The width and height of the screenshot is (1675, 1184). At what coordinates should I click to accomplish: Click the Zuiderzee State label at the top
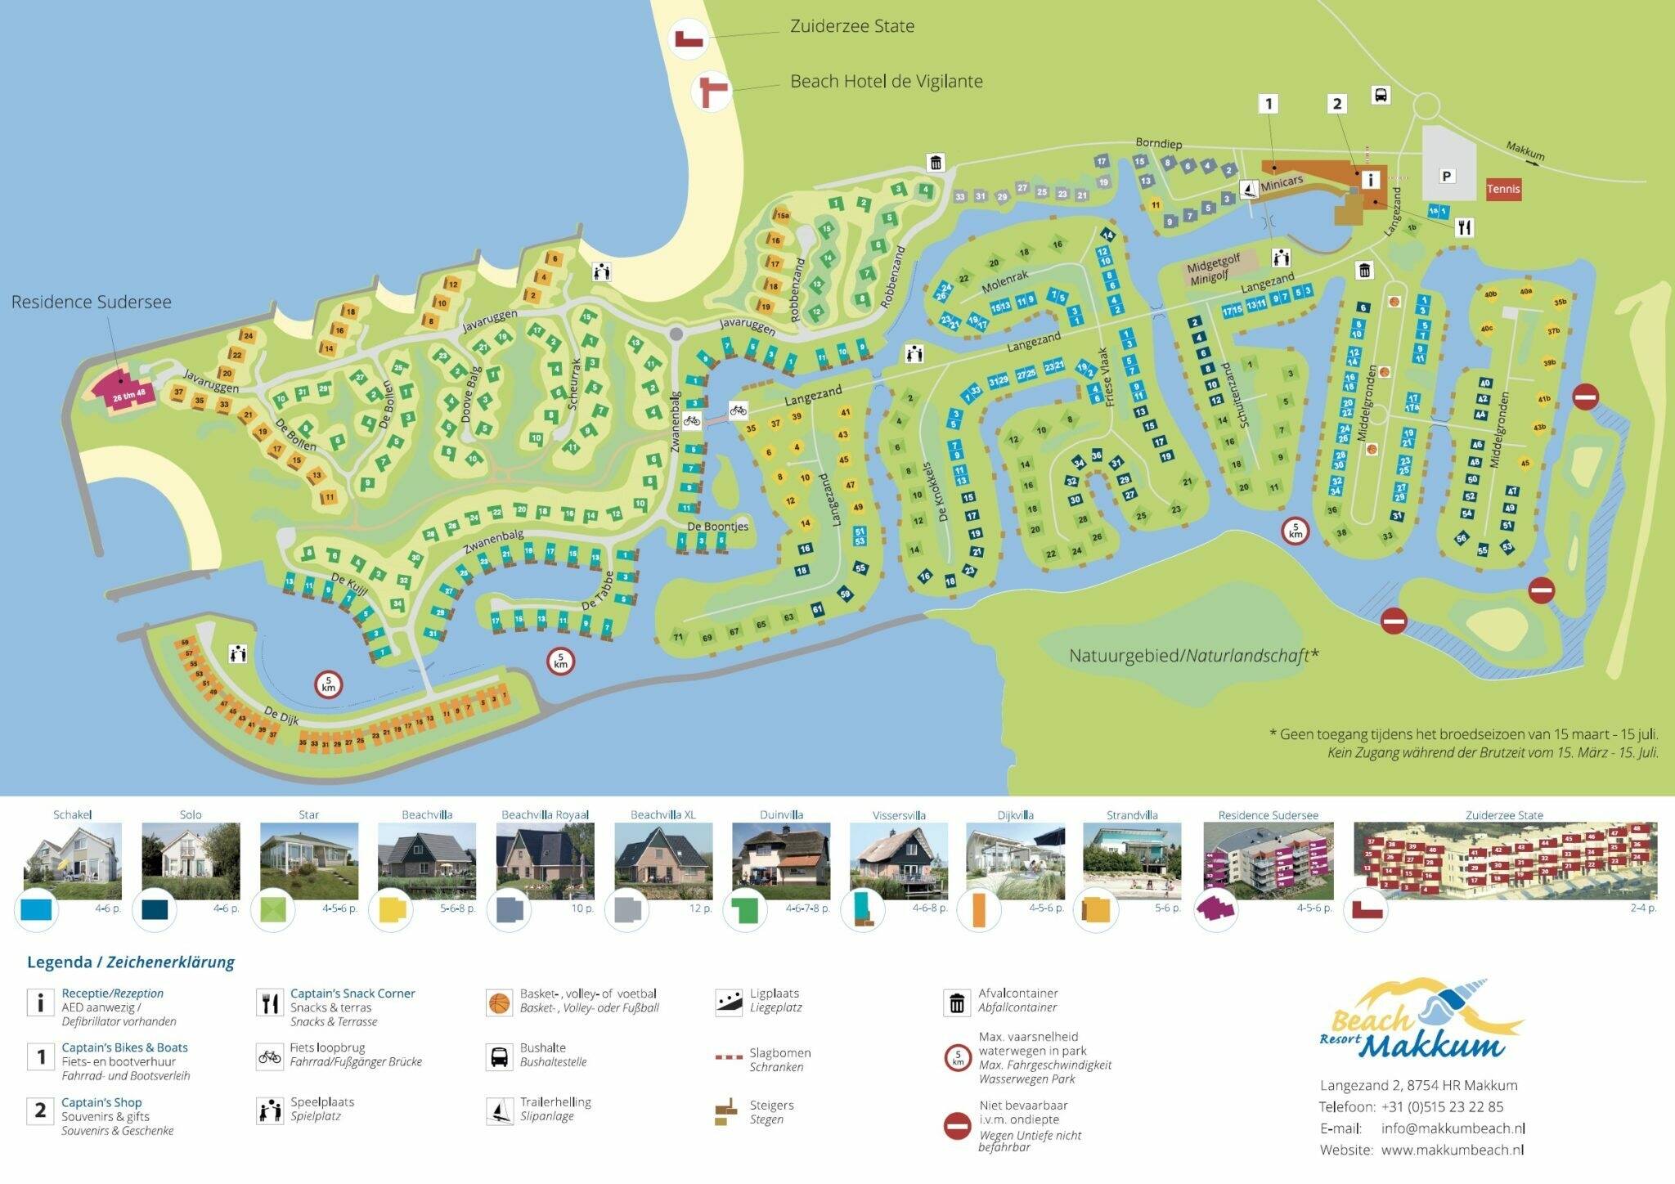851,26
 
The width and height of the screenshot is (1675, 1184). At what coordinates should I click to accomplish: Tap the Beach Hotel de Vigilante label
886,82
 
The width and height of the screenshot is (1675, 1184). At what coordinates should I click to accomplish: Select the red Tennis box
1503,189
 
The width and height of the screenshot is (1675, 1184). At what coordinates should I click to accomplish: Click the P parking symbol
1447,176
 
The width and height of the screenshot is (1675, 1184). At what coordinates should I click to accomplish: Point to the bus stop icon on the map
1380,96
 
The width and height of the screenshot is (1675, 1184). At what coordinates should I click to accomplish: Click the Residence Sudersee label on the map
91,302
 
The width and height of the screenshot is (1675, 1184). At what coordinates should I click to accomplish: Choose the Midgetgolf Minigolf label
1215,268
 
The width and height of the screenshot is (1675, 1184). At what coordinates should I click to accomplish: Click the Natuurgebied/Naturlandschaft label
1194,656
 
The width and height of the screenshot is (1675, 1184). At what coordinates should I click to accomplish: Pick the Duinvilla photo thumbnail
781,861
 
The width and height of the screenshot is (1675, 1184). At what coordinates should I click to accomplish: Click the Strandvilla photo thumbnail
1132,861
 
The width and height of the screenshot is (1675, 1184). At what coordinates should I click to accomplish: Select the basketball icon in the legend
498,1002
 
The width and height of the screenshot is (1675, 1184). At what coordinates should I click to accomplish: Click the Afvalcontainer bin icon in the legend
956,1002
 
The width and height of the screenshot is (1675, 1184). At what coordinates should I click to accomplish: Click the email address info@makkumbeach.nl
1453,1128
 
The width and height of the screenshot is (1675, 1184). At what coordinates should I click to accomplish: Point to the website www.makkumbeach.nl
1452,1150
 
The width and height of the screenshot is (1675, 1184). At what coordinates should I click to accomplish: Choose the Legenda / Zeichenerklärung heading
131,962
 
